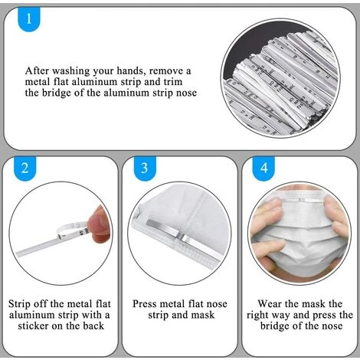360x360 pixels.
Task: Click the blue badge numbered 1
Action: pos(29,19)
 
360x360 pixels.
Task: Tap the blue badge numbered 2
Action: pos(25,169)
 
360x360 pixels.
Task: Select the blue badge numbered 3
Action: pos(145,169)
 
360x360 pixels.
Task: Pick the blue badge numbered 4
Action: pos(263,169)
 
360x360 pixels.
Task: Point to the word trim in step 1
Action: pos(172,82)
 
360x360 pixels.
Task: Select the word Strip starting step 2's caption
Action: pos(20,304)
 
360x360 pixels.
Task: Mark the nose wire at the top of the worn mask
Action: pos(301,200)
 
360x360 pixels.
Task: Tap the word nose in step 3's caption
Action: pos(217,304)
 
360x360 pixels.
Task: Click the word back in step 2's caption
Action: pos(93,326)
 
